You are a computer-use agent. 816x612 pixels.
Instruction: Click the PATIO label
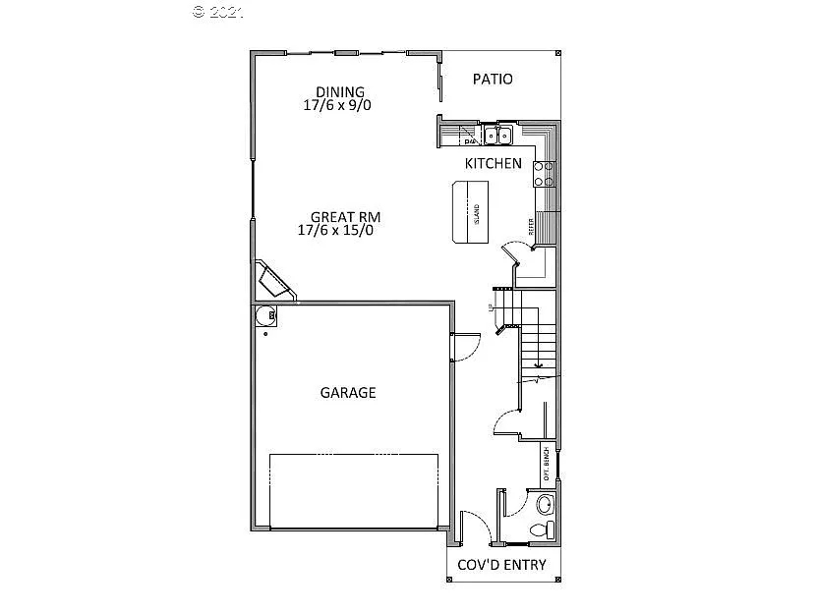pyautogui.click(x=493, y=80)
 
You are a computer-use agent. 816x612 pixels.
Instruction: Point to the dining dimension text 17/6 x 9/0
pyautogui.click(x=337, y=105)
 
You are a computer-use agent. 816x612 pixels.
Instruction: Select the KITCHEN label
pyautogui.click(x=493, y=164)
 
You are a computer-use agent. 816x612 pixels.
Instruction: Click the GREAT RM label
pyautogui.click(x=345, y=217)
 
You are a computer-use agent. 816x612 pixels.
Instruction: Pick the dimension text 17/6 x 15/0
pyautogui.click(x=335, y=231)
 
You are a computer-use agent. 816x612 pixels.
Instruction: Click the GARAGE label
pyautogui.click(x=348, y=393)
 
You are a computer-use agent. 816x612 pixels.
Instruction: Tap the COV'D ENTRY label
pyautogui.click(x=502, y=565)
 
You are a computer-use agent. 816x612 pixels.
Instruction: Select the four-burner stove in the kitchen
pyautogui.click(x=544, y=174)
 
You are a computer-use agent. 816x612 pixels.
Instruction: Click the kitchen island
pyautogui.click(x=469, y=211)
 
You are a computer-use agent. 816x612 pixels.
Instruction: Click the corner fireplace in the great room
pyautogui.click(x=274, y=281)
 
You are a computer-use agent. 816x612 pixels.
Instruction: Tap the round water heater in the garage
pyautogui.click(x=264, y=315)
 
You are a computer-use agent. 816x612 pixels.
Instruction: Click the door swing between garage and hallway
pyautogui.click(x=465, y=347)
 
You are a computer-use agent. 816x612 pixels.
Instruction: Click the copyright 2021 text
pyautogui.click(x=218, y=12)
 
